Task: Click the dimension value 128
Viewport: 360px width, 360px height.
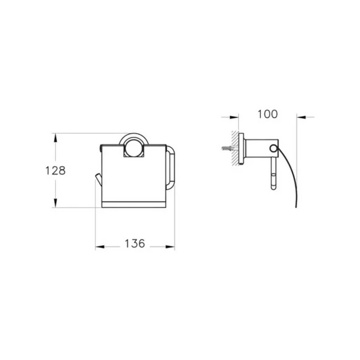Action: pyautogui.click(x=55, y=171)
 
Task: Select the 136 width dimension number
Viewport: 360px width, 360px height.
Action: pyautogui.click(x=135, y=243)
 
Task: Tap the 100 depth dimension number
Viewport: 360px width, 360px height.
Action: pyautogui.click(x=268, y=114)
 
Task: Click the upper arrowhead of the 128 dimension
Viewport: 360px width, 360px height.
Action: pyautogui.click(x=55, y=138)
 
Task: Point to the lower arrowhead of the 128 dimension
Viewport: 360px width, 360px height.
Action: pyautogui.click(x=55, y=203)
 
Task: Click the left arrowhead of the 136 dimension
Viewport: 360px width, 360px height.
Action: pyautogui.click(x=100, y=247)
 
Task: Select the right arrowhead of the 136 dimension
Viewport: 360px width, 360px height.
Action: pyautogui.click(x=170, y=247)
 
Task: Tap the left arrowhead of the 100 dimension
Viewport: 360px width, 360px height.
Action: pyautogui.click(x=234, y=117)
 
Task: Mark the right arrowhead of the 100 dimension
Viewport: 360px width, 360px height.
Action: pyautogui.click(x=301, y=117)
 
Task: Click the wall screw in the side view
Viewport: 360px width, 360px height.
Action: pyautogui.click(x=229, y=148)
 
